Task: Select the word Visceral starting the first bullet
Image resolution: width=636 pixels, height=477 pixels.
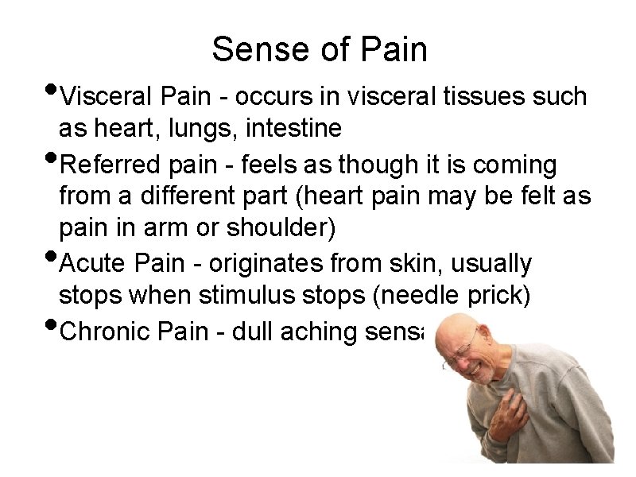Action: point(107,97)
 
